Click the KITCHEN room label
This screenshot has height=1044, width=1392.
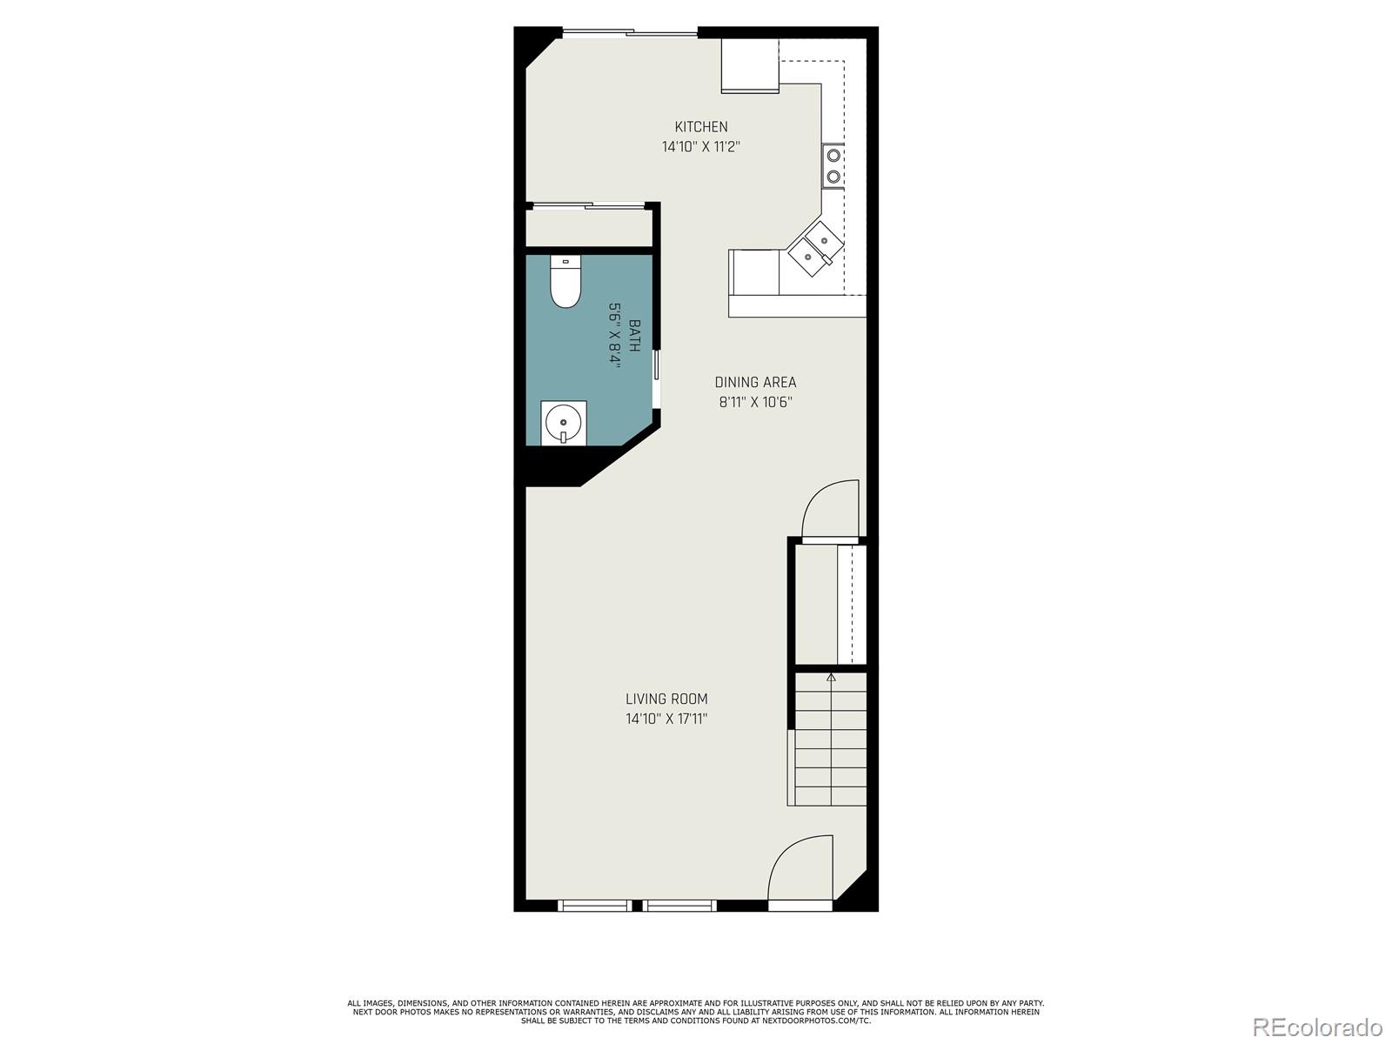[x=701, y=127]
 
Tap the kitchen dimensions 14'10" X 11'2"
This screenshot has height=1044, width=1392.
[x=701, y=147]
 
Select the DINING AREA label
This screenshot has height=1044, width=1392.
[x=755, y=382]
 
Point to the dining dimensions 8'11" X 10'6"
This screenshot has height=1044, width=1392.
[x=755, y=402]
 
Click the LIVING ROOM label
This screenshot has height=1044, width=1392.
[x=666, y=699]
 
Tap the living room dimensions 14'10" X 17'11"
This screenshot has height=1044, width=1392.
[x=666, y=719]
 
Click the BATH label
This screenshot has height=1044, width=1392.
[x=635, y=336]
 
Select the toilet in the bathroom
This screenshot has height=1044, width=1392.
[x=565, y=284]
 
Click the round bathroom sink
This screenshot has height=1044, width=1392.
[x=563, y=424]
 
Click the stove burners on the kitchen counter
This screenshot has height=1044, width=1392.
[x=833, y=166]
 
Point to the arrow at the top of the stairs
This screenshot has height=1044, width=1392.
[x=831, y=676]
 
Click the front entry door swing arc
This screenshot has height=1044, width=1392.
[x=798, y=870]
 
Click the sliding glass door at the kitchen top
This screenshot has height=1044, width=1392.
[x=630, y=34]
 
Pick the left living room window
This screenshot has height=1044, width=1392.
[x=595, y=906]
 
